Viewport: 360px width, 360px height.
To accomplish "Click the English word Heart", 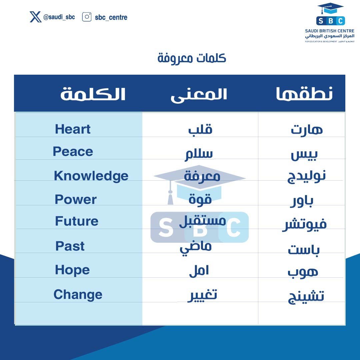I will click(73, 129).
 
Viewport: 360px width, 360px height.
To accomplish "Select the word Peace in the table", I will click(73, 152).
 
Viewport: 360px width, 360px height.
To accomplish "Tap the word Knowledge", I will click(91, 176).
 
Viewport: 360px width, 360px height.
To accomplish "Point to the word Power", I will click(76, 200).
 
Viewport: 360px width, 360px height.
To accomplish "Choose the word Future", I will click(77, 221).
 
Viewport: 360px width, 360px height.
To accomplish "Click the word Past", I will click(70, 246).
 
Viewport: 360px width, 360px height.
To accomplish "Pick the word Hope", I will click(72, 270).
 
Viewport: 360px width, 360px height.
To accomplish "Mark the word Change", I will click(78, 295).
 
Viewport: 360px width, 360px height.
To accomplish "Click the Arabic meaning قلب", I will click(200, 130).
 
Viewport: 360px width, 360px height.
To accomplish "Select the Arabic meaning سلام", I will click(199, 154).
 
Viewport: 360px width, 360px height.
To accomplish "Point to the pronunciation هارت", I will click(307, 129).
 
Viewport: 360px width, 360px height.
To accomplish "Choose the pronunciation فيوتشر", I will click(304, 224).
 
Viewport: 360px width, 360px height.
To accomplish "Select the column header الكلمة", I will click(93, 94).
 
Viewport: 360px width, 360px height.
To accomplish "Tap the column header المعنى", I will click(199, 94).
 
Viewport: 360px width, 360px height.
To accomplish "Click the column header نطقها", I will click(304, 94).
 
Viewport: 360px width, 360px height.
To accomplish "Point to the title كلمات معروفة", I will click(192, 58).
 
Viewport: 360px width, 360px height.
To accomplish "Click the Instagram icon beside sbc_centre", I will click(87, 17).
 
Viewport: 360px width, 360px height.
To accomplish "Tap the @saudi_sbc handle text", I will click(59, 17).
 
